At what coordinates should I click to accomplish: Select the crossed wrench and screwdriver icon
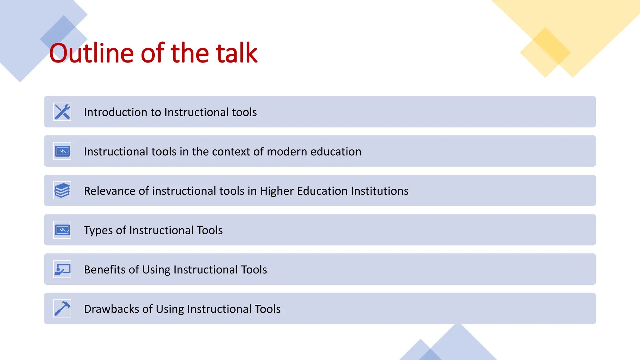coord(62,112)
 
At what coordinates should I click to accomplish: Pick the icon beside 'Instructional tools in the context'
coord(62,151)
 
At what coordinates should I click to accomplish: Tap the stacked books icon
coord(62,191)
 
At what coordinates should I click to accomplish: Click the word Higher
coord(277,191)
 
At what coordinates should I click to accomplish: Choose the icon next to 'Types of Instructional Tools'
coord(62,230)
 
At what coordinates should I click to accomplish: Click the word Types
coord(98,231)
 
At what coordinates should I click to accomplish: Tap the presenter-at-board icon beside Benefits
coord(62,269)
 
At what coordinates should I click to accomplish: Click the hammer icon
coord(62,309)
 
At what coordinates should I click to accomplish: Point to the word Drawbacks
coord(112,309)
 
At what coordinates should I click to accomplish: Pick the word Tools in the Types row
coord(209,230)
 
